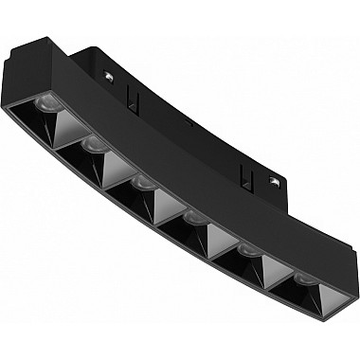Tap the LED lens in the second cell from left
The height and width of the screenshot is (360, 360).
(93, 144)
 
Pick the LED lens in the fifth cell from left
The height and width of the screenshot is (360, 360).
(249, 251)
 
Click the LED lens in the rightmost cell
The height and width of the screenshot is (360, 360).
(301, 279)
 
